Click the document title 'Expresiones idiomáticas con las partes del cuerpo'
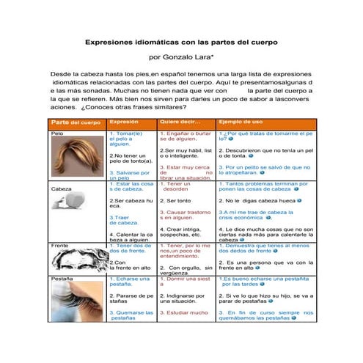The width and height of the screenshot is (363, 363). pyautogui.click(x=181, y=43)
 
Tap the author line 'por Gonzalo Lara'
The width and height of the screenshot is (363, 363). pyautogui.click(x=180, y=56)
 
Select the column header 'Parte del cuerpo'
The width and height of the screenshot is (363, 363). pyautogui.click(x=76, y=122)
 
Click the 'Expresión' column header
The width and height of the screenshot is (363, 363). pyautogui.click(x=124, y=121)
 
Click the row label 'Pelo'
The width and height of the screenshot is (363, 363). pyautogui.click(x=58, y=134)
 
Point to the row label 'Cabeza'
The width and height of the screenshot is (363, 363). pyautogui.click(x=62, y=188)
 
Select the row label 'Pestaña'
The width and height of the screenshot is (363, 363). pyautogui.click(x=62, y=279)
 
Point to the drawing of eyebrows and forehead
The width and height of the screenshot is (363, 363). pyautogui.click(x=78, y=260)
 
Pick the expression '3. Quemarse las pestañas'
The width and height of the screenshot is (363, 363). pyautogui.click(x=131, y=315)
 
